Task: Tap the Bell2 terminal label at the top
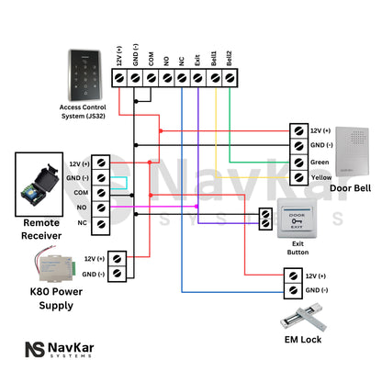pos(229,57)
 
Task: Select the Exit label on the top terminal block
pos(197,60)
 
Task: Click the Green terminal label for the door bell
pos(320,162)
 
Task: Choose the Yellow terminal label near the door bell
pos(321,177)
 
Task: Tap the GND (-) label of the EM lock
pos(315,291)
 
